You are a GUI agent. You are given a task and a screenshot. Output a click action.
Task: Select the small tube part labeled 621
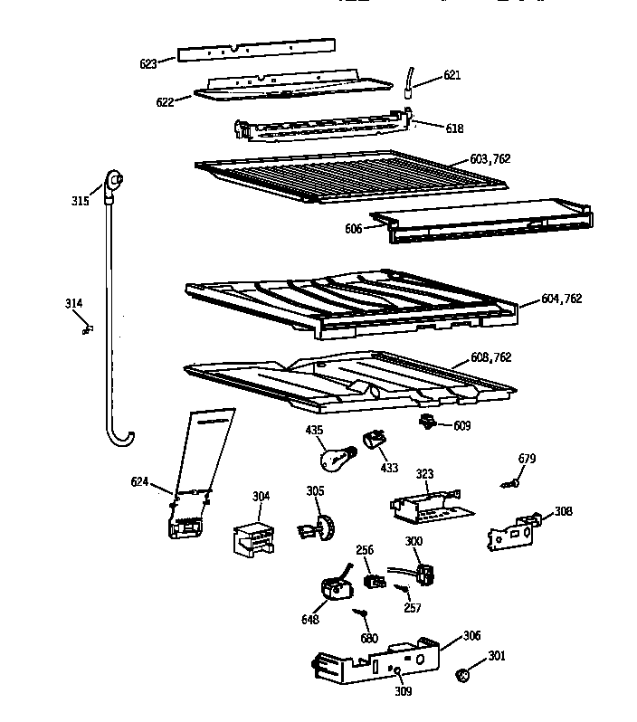tap(409, 81)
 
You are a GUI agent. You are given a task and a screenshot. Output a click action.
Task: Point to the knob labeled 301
tap(464, 674)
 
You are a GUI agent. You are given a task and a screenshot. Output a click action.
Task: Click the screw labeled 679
tap(509, 484)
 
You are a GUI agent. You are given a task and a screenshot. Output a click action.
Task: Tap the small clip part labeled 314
tap(87, 330)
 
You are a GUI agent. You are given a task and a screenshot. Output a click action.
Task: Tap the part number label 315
tap(81, 200)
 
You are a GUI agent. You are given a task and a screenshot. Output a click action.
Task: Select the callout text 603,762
tap(490, 159)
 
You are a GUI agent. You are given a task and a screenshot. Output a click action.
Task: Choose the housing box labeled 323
tap(424, 507)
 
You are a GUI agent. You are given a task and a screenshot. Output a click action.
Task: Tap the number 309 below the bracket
tap(403, 691)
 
